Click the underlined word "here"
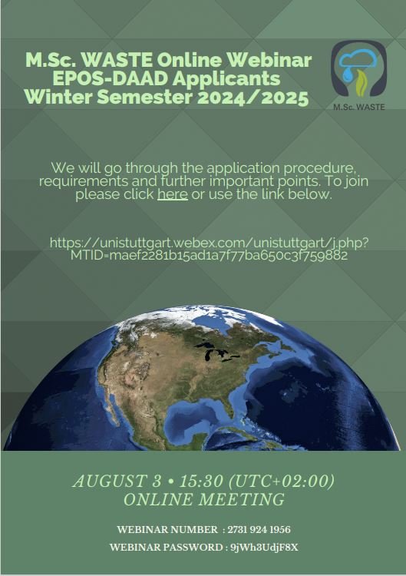pyautogui.click(x=173, y=194)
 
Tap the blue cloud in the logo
pyautogui.click(x=357, y=59)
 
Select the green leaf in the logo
pyautogui.click(x=362, y=83)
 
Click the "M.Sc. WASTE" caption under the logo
pyautogui.click(x=359, y=107)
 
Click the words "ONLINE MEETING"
pyautogui.click(x=204, y=500)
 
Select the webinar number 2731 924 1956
pyautogui.click(x=259, y=530)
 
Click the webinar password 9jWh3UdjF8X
pyautogui.click(x=264, y=548)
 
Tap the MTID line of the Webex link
pyautogui.click(x=209, y=255)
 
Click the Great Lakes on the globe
pyautogui.click(x=216, y=352)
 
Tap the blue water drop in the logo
pyautogui.click(x=346, y=74)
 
